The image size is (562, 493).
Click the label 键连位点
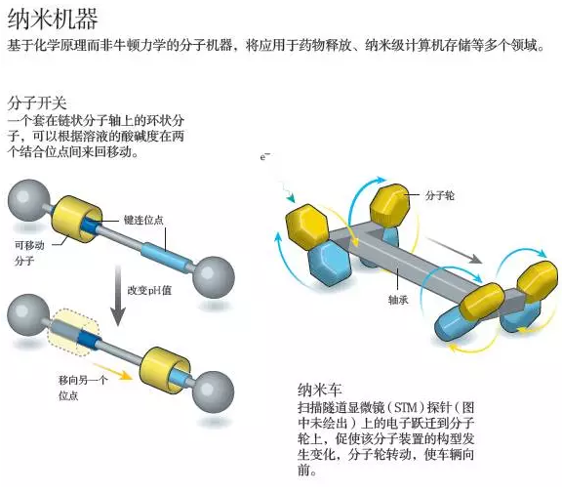pos(142,220)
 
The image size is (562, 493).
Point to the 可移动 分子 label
pos(28,251)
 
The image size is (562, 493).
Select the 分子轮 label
pos(441,195)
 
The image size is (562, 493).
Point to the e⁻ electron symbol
pos(263,157)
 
